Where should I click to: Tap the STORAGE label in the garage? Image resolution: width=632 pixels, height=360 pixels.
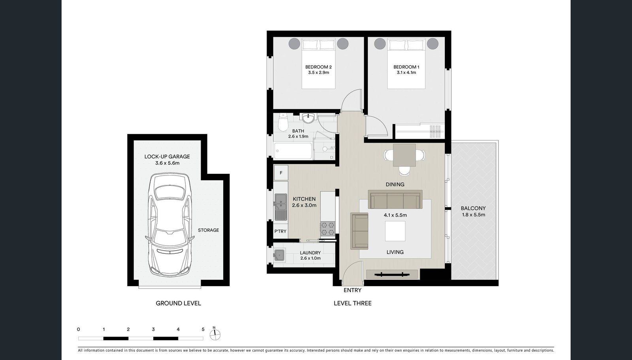pos(208,230)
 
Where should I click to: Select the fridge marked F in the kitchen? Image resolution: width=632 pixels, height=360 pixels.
pos(281,173)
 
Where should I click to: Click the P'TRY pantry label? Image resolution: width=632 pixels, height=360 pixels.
pos(280,231)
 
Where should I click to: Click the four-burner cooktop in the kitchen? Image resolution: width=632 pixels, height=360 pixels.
pos(328,228)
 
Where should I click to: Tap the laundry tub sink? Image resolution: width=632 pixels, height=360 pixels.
pos(280,255)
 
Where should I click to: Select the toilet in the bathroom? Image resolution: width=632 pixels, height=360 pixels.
pos(283,123)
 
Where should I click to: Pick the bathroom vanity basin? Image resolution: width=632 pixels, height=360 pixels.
pos(308,117)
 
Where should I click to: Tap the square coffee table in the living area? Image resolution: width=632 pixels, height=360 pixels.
pos(395,231)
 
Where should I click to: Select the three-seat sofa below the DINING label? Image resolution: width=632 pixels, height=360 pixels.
pos(395,200)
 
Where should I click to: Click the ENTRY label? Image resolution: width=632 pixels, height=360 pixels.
pos(352,290)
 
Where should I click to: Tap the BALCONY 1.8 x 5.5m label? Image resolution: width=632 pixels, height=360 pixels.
pos(473,211)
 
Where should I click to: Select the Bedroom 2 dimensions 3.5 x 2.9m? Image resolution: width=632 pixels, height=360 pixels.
pos(318,73)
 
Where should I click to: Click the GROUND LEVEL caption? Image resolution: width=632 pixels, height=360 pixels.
pos(178,303)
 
